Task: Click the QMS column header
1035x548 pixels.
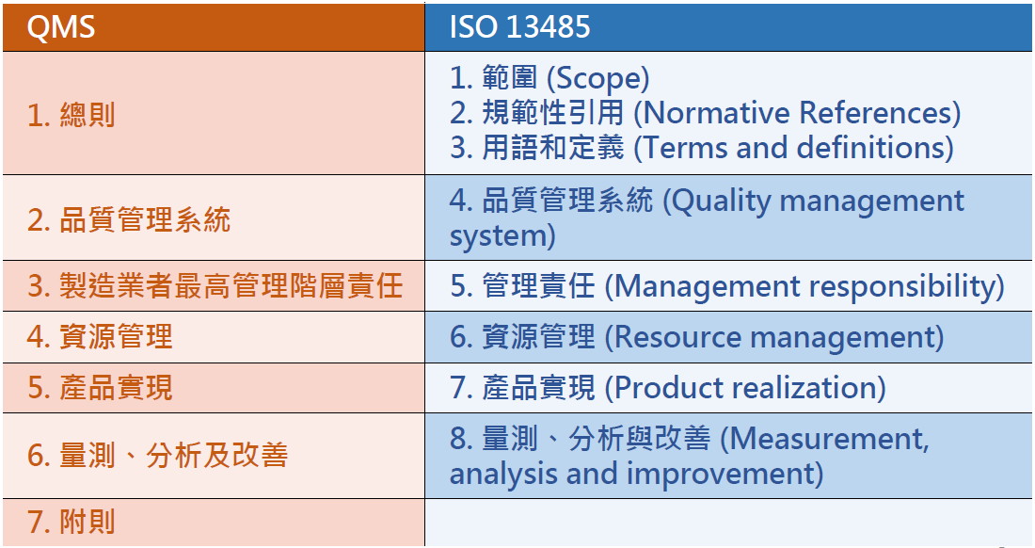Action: click(61, 27)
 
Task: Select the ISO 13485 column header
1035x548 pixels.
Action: click(519, 27)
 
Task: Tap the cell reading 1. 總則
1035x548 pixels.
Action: click(72, 115)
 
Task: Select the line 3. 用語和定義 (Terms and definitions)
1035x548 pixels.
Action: click(701, 148)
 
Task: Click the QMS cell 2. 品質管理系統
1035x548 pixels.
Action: click(129, 220)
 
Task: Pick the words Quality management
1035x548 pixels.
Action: click(819, 201)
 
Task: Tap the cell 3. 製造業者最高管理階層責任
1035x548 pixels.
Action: click(215, 286)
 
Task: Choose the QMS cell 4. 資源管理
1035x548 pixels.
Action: click(100, 337)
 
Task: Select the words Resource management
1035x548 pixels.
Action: click(773, 337)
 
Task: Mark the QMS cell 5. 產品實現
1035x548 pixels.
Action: click(100, 388)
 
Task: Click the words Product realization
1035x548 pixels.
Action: click(744, 388)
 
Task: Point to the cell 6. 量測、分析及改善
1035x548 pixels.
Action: click(157, 456)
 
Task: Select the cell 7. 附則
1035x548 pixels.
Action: click(72, 523)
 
